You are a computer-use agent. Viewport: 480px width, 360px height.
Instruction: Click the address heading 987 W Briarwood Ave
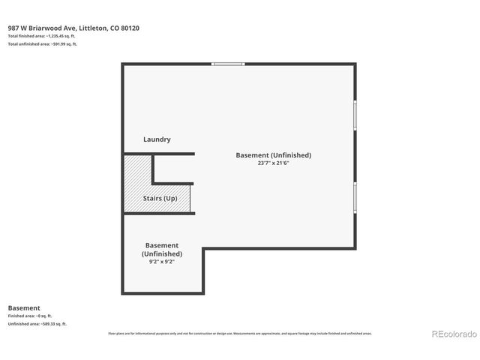43,28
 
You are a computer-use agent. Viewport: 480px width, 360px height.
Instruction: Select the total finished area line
42,36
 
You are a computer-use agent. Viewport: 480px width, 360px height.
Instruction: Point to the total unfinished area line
43,44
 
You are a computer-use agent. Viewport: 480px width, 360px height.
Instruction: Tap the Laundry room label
157,139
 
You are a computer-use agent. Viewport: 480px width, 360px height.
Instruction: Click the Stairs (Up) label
160,199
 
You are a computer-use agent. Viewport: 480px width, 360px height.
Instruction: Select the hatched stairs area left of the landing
137,184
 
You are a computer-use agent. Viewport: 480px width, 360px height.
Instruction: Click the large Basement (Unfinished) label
273,155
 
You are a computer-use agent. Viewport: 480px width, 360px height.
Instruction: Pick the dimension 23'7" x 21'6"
273,163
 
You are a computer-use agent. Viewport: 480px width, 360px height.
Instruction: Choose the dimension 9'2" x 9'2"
162,262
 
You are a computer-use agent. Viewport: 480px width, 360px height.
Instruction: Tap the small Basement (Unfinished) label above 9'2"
162,249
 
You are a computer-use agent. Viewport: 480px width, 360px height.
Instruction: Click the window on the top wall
228,64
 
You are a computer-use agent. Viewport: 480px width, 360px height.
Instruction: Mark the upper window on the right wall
355,115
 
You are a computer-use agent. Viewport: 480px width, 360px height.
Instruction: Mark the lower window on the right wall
355,198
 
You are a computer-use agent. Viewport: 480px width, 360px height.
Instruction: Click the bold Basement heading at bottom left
23,307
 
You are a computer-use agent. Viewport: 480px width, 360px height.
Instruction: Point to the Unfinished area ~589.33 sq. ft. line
37,324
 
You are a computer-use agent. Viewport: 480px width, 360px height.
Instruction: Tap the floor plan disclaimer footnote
240,333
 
